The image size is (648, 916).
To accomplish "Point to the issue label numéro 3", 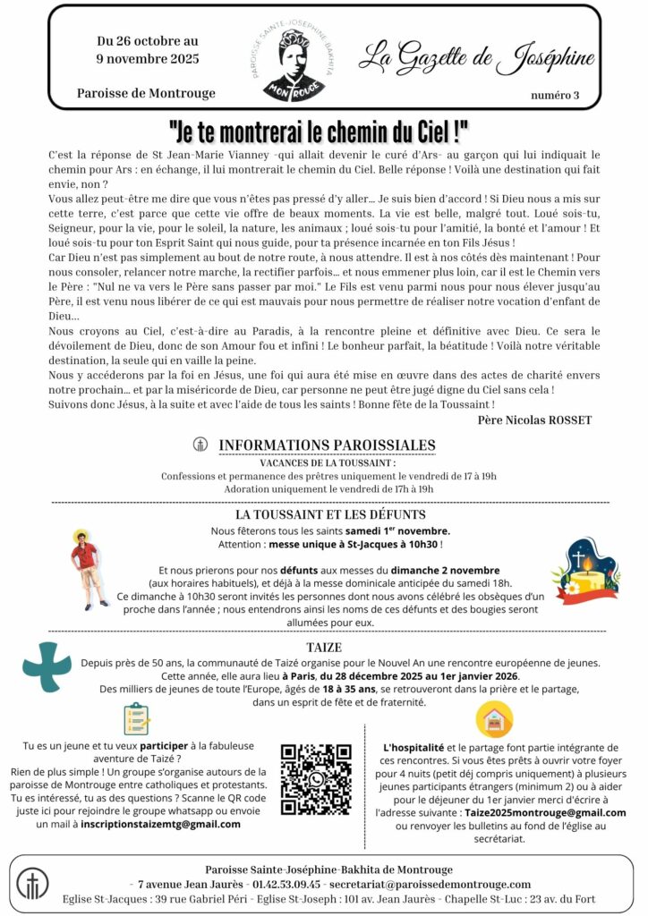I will point(555,95).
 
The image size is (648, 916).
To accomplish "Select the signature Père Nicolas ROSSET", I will point(534,419).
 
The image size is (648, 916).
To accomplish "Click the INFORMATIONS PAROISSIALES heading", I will point(327,445).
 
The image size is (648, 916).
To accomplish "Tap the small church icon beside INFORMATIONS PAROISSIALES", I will point(200,445).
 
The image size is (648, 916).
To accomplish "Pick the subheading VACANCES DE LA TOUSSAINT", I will point(328,462).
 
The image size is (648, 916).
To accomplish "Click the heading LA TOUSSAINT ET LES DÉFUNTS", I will point(330,514).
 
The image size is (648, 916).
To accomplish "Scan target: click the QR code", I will point(315,778).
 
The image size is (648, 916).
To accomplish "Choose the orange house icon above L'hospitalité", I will point(493,719).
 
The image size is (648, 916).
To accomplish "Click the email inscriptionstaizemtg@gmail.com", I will point(160,823).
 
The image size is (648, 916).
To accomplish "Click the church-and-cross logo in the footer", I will point(33,884).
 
